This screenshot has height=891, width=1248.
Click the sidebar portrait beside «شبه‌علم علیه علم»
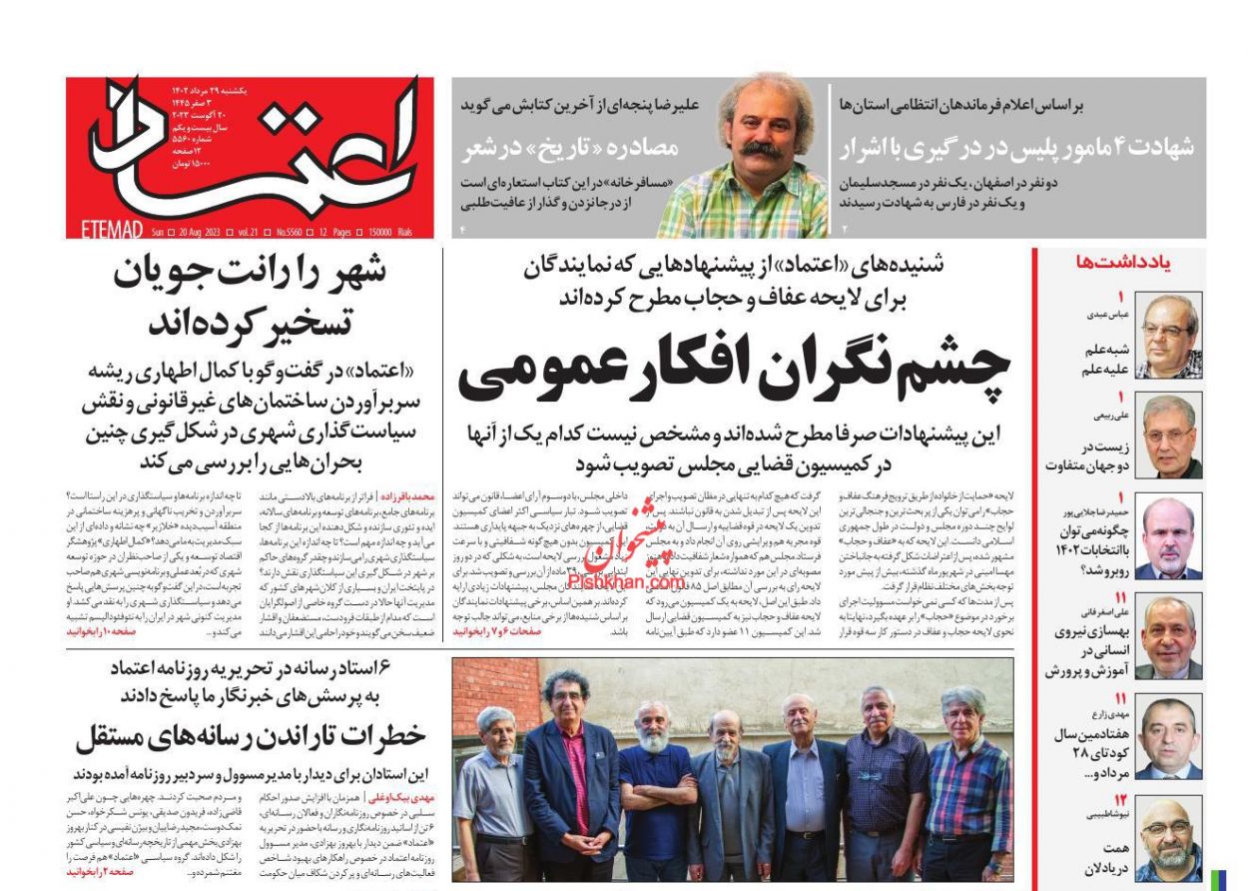1168,336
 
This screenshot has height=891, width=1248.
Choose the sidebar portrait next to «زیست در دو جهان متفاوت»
1168,437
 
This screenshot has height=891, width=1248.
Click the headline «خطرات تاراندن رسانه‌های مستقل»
250,737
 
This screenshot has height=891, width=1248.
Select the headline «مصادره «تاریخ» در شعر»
570,148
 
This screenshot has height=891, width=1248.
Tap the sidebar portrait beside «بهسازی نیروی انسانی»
1168,636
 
